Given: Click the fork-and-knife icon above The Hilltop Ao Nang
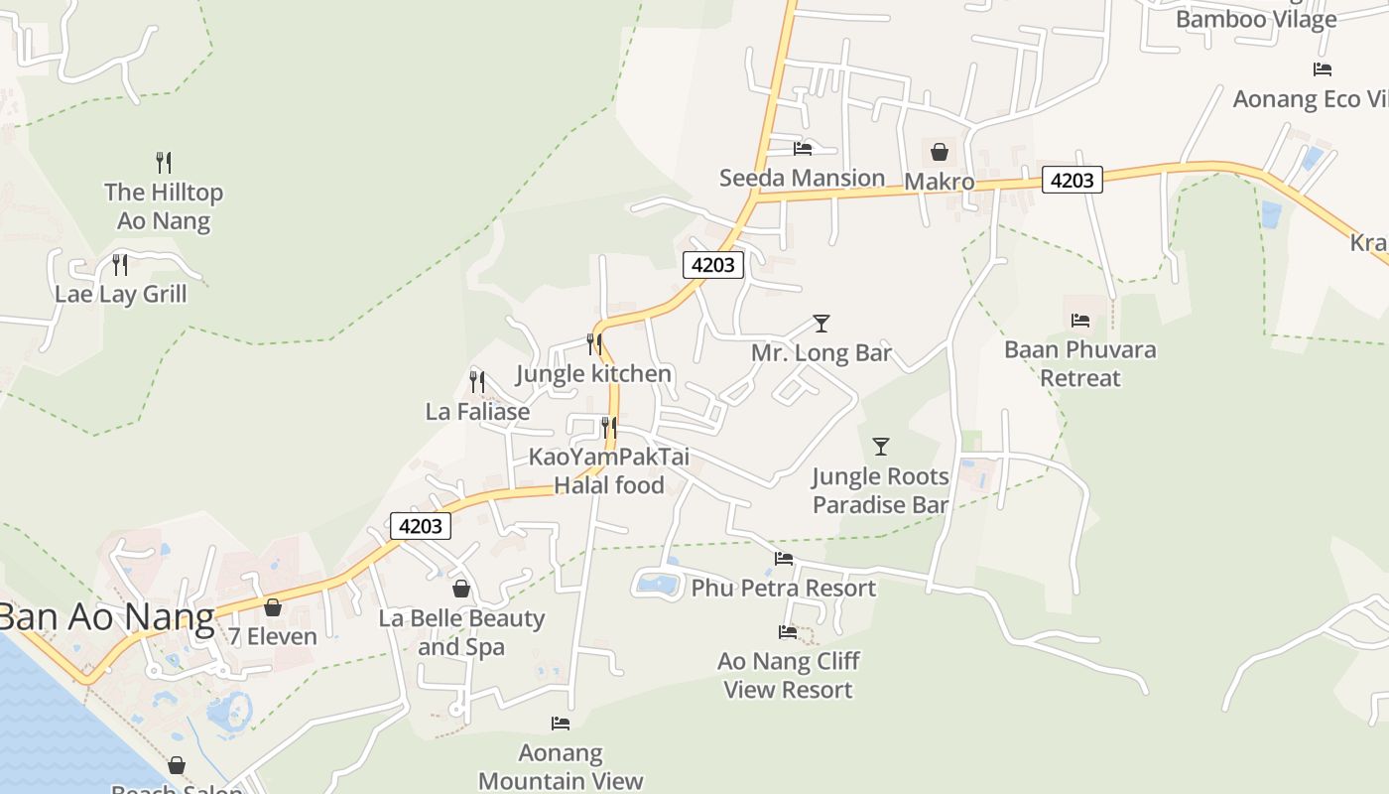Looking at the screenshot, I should (164, 162).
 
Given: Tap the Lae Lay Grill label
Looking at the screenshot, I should (120, 294).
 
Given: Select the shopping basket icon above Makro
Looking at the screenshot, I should (939, 152).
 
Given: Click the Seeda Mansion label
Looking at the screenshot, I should (802, 179).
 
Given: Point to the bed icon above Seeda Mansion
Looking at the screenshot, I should (803, 149).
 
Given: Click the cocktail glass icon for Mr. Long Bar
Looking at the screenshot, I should (821, 323).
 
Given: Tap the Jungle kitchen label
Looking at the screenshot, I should (594, 374).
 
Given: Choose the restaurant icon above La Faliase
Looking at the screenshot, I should (477, 381).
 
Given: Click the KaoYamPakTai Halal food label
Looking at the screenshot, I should (609, 471).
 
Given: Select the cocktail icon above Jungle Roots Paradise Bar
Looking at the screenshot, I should (880, 447).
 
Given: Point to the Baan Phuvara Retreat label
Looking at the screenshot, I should (1079, 363).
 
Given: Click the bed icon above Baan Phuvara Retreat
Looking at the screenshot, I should (1080, 320).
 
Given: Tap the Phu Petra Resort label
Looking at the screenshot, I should (784, 588).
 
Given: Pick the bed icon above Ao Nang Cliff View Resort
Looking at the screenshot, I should (788, 631).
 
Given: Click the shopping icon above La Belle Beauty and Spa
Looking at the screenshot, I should (460, 589).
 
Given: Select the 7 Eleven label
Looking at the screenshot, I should (273, 637).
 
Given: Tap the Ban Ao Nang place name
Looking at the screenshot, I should (106, 617).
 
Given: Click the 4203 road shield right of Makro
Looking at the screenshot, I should (1072, 180).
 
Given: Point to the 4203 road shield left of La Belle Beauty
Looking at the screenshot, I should (421, 526).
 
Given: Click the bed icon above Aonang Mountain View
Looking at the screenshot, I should (561, 724).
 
